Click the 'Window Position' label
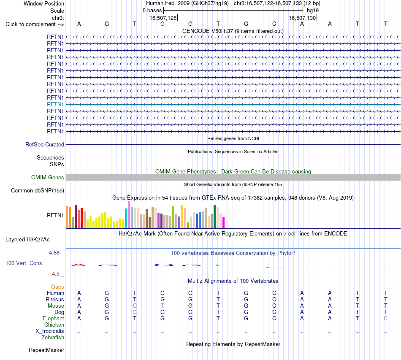click(44, 3)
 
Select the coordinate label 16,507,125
click(163, 18)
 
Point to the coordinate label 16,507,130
click(302, 18)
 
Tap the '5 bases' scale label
click(152, 11)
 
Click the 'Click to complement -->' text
click(35, 24)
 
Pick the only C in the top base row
click(274, 24)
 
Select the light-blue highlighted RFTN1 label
click(55, 104)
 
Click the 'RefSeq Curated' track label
click(45, 144)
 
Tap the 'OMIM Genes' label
click(48, 177)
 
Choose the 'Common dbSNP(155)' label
click(38, 190)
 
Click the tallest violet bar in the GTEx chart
click(129, 214)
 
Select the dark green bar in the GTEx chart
click(214, 216)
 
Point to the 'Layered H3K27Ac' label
click(27, 240)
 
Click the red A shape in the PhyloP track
click(79, 265)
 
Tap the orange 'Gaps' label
click(57, 287)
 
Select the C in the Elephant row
click(386, 318)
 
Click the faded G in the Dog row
click(135, 312)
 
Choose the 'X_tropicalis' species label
click(50, 331)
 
